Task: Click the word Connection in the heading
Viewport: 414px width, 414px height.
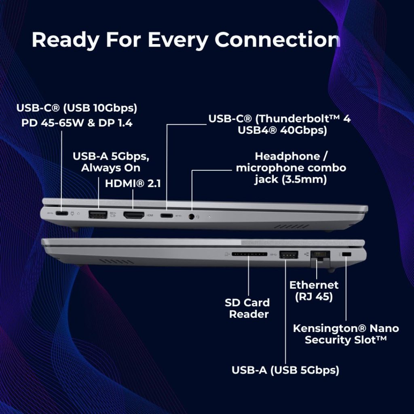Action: click(277, 40)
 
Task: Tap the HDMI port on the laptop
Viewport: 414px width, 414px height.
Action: click(134, 215)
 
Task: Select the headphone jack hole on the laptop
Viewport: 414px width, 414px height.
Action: click(192, 217)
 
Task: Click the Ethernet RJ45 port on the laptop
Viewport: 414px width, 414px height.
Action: click(320, 255)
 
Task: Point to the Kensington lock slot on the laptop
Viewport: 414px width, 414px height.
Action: click(346, 254)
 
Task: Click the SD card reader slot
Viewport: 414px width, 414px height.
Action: click(249, 254)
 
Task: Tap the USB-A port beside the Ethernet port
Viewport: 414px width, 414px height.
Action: click(289, 255)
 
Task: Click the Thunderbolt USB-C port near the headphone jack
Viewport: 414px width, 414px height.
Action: click(167, 216)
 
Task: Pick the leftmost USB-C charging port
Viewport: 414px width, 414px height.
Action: click(61, 213)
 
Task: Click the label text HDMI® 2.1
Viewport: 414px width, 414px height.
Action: click(133, 184)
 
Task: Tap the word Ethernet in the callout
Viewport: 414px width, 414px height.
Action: click(314, 285)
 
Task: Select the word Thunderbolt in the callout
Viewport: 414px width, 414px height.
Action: click(298, 119)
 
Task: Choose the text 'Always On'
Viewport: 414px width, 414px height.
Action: click(111, 168)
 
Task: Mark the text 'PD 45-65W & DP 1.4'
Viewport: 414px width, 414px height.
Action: click(77, 123)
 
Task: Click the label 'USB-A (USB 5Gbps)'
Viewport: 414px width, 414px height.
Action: click(285, 370)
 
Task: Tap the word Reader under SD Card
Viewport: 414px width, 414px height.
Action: click(249, 314)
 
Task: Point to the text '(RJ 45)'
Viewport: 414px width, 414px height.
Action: click(314, 296)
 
